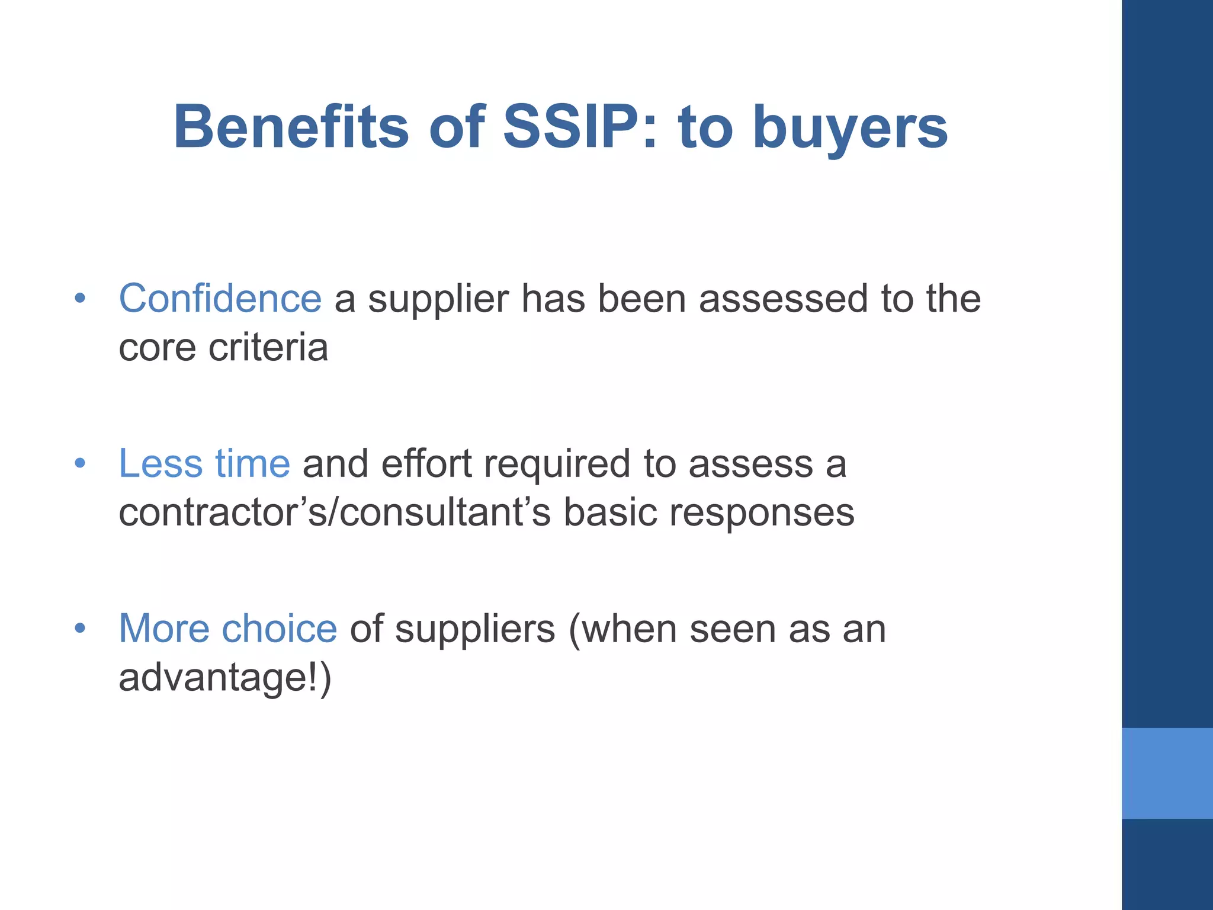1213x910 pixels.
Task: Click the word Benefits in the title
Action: [x=291, y=127]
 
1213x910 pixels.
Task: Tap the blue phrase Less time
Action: [x=204, y=463]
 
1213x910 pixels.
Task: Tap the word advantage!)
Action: [x=225, y=678]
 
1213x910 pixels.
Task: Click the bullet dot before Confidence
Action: [x=80, y=299]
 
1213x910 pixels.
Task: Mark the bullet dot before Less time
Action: [x=80, y=463]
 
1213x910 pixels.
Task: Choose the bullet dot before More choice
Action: [x=80, y=628]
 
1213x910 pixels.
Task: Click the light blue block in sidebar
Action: [x=1167, y=773]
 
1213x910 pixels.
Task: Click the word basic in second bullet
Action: [x=610, y=512]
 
